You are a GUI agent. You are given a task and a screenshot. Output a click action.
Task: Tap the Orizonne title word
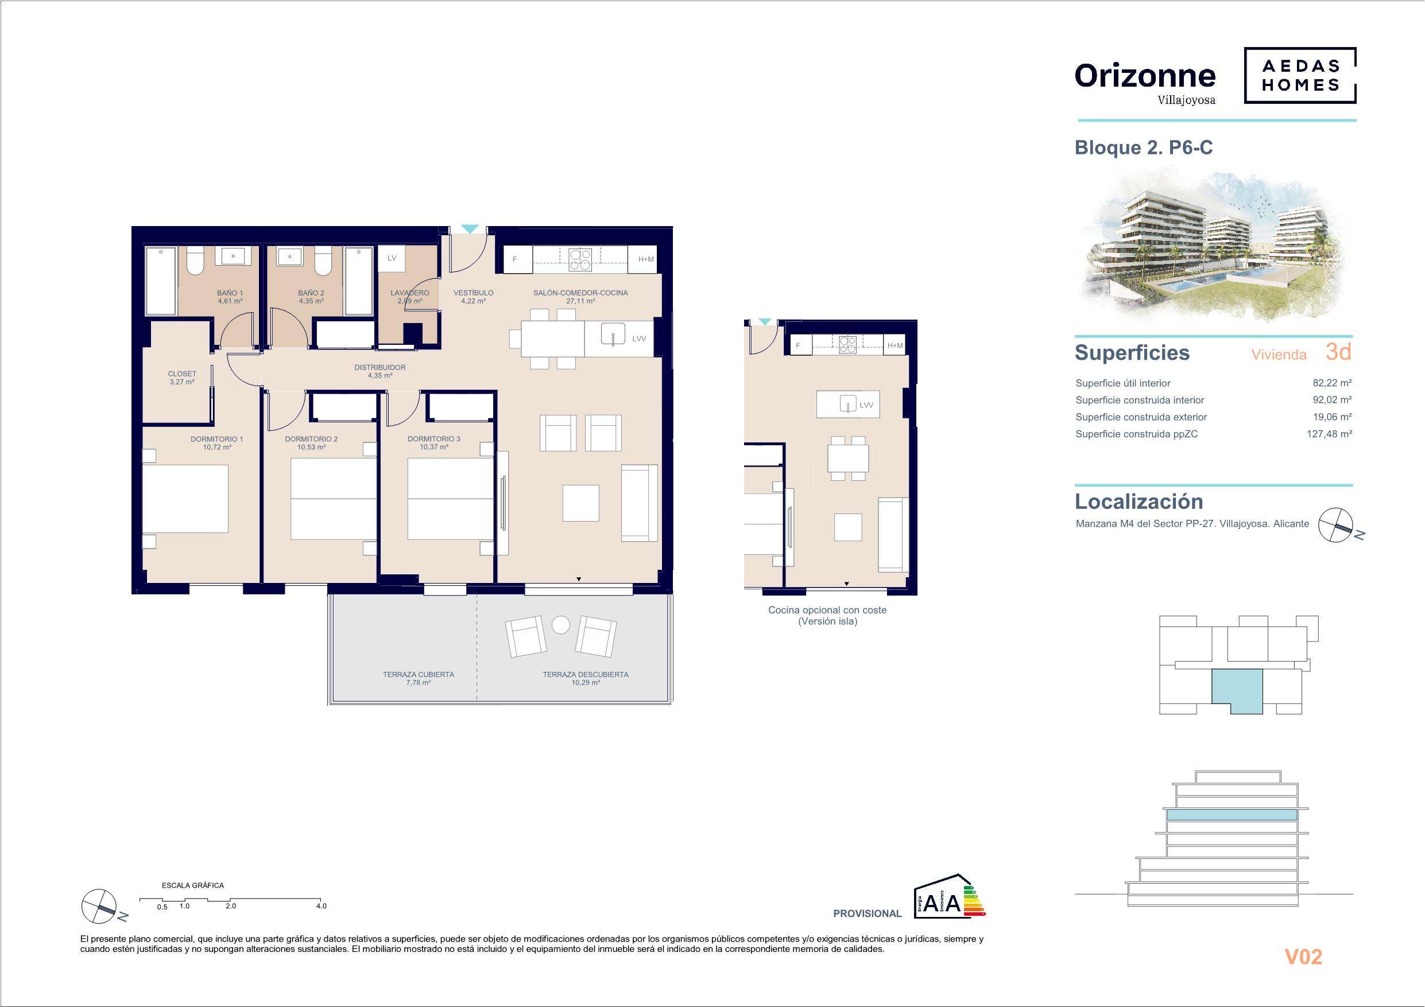tap(1145, 76)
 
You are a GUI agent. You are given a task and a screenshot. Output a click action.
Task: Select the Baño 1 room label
tap(230, 297)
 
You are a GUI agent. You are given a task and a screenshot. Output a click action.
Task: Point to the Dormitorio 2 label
tap(312, 443)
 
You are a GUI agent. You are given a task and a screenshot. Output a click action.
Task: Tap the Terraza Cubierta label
tap(419, 678)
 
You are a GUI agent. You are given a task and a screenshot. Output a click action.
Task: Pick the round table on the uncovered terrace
tap(561, 624)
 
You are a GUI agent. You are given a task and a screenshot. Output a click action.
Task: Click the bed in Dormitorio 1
tap(185, 498)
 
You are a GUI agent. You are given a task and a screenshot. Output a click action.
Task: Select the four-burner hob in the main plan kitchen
tap(580, 259)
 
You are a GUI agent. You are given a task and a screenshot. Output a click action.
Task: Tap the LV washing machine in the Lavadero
tap(392, 258)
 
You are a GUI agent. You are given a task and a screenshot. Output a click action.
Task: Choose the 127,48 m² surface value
tap(1330, 434)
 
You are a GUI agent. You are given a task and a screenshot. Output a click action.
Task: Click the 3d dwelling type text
tap(1338, 352)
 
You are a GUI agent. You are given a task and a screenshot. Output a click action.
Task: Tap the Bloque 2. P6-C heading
tap(1143, 147)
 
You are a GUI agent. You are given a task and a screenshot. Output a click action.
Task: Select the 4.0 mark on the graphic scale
tap(321, 906)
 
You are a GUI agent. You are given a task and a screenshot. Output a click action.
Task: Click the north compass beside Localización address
tap(1335, 525)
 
